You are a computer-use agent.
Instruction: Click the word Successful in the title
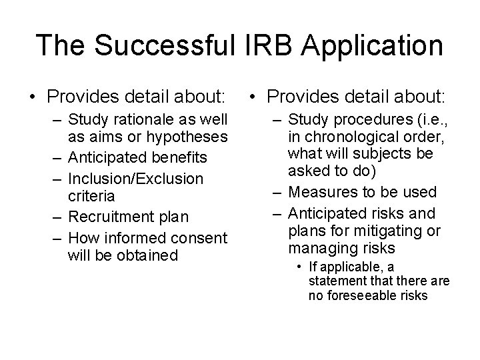173,45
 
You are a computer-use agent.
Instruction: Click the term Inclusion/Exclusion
135,179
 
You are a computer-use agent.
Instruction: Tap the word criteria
91,197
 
